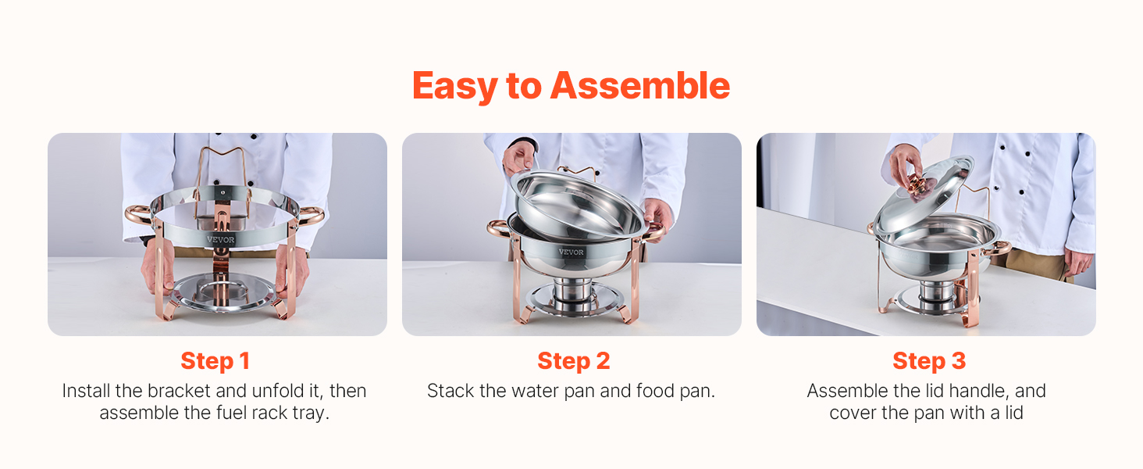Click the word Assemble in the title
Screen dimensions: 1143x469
640,86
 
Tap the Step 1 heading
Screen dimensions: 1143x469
215,361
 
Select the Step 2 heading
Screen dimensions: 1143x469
574,361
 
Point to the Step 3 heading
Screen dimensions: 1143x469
929,361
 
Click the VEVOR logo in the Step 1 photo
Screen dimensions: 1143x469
220,239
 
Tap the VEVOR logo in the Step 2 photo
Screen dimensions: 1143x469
571,252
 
